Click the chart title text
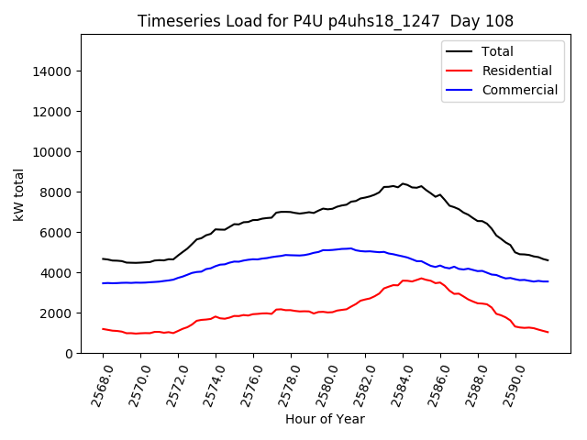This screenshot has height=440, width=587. pos(325,21)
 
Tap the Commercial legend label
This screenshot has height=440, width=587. pos(519,90)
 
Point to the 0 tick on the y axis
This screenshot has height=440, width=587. pos(68,354)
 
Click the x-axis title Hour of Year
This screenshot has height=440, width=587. pos(325,420)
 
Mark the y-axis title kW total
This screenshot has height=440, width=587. pos(19,194)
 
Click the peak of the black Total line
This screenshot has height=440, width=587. pos(403,183)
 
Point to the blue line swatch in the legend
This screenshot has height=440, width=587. pos(460,90)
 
